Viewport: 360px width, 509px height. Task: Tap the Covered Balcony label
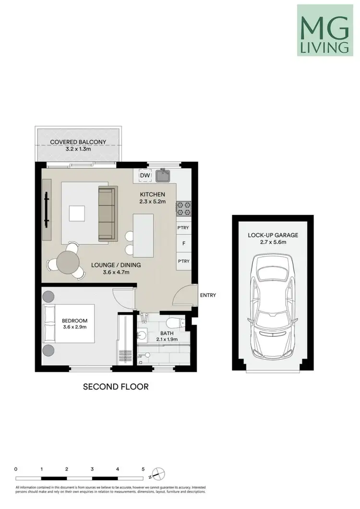(x=78, y=142)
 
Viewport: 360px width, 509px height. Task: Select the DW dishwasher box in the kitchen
(x=145, y=176)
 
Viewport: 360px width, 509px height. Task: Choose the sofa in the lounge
(x=107, y=214)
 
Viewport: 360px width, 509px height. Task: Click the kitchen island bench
(x=144, y=235)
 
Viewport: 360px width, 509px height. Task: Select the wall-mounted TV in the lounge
(x=47, y=210)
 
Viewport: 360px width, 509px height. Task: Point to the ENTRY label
(x=208, y=296)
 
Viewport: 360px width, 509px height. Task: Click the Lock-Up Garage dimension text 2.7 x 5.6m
(x=273, y=243)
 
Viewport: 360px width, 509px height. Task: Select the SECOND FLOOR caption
(x=116, y=386)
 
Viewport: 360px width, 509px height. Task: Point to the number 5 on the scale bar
(x=143, y=469)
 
